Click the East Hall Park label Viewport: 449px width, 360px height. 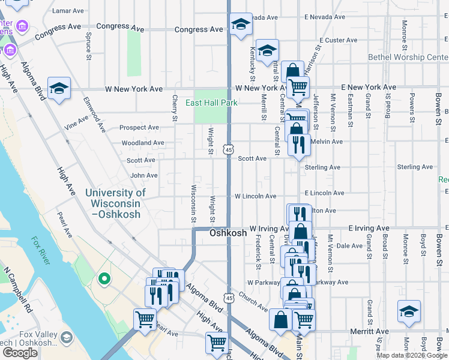[x=211, y=103]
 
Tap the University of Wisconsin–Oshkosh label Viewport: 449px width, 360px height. [x=115, y=203]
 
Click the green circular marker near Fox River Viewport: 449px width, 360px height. [x=103, y=278]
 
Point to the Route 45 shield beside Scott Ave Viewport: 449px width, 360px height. [x=229, y=149]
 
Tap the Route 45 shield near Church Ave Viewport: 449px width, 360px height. [x=229, y=298]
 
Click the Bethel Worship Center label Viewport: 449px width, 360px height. [x=408, y=58]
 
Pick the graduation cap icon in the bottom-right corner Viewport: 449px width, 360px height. [x=409, y=312]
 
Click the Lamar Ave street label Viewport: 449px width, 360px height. [x=68, y=11]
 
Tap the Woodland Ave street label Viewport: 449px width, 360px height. [x=142, y=143]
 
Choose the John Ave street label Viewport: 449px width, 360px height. [x=144, y=175]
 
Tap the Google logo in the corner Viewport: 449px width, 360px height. [x=20, y=353]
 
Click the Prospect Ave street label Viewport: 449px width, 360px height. [x=139, y=127]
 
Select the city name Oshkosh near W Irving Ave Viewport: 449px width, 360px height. [x=228, y=233]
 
